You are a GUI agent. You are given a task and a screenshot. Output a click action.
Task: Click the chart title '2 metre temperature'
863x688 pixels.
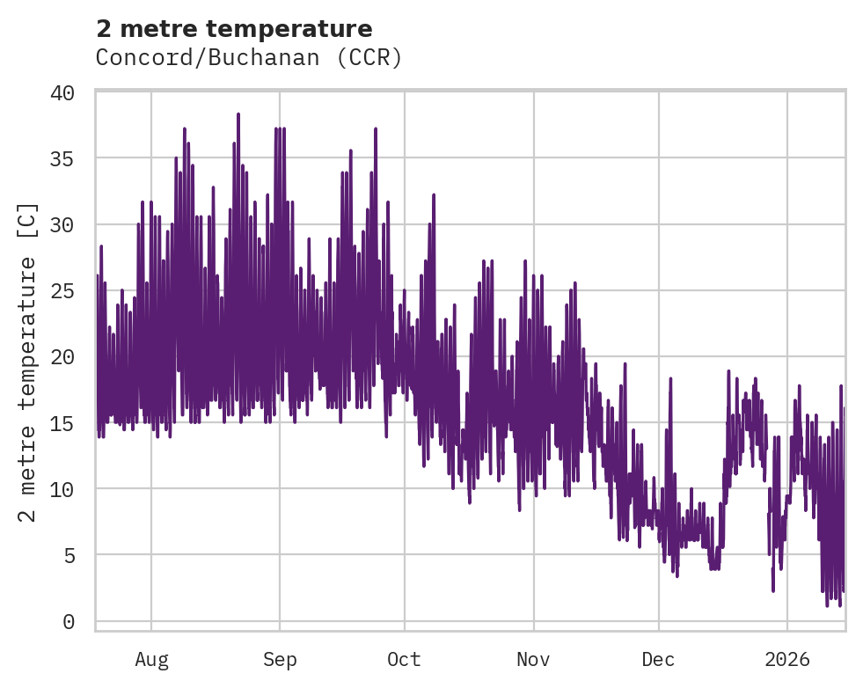coord(234,29)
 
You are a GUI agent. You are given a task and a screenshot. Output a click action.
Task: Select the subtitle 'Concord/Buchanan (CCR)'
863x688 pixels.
coord(249,58)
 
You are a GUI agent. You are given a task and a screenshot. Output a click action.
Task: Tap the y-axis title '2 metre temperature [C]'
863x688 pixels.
coord(28,362)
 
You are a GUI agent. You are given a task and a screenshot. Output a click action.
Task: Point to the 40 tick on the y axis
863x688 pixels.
coord(72,92)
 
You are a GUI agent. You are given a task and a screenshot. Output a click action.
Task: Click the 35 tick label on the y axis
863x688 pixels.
coord(72,158)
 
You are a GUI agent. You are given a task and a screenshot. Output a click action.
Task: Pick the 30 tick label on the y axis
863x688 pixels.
coord(72,224)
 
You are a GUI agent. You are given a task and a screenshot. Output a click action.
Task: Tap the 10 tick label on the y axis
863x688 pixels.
coord(72,488)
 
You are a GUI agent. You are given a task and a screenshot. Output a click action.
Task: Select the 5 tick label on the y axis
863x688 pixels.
coord(78,555)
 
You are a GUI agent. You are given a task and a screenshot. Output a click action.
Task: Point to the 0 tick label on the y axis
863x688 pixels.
coord(78,622)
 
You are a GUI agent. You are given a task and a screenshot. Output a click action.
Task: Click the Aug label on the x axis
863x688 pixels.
coord(151,660)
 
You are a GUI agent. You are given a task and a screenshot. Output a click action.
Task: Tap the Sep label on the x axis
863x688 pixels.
coord(280,660)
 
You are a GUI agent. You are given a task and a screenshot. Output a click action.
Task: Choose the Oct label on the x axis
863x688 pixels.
coord(405,660)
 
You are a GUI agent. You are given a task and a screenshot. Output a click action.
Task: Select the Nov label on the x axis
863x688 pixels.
coord(533,660)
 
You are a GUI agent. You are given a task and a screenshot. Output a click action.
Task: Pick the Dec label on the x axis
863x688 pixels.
coord(658,660)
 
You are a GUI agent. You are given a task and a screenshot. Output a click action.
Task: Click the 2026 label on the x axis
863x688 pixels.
coord(787,660)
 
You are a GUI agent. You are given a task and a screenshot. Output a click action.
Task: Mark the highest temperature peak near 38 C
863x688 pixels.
coord(238,114)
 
